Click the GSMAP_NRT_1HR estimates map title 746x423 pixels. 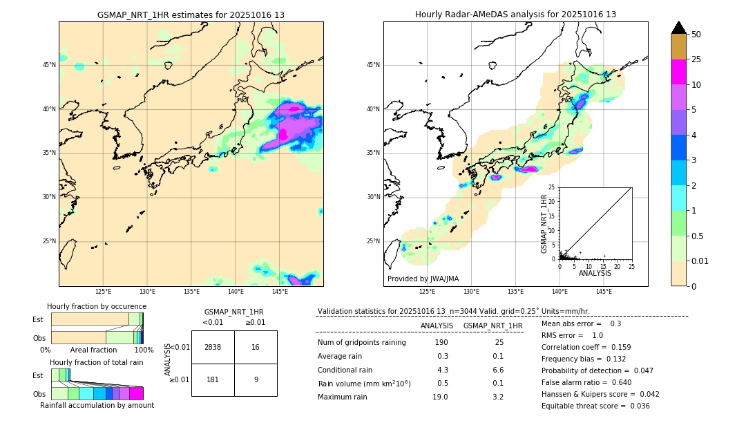pyautogui.click(x=191, y=15)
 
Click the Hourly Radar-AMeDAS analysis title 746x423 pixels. pyautogui.click(x=515, y=15)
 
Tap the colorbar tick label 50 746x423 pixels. pyautogui.click(x=696, y=35)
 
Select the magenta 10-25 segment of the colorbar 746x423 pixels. pyautogui.click(x=679, y=72)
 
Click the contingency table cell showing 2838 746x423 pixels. pyautogui.click(x=213, y=347)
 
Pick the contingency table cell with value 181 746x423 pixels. pyautogui.click(x=213, y=379)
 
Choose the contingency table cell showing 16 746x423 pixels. pyautogui.click(x=256, y=347)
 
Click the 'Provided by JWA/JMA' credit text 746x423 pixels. pyautogui.click(x=423, y=279)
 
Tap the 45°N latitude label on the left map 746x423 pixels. pyautogui.click(x=49, y=65)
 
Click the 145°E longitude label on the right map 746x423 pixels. pyautogui.click(x=604, y=292)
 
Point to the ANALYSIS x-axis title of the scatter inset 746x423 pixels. pyautogui.click(x=595, y=273)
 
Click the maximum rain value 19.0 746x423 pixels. pyautogui.click(x=440, y=397)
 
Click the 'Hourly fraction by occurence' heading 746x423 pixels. pyautogui.click(x=97, y=306)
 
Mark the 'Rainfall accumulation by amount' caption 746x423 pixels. pyautogui.click(x=97, y=405)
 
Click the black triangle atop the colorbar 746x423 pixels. pyautogui.click(x=679, y=28)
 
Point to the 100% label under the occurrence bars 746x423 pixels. pyautogui.click(x=144, y=350)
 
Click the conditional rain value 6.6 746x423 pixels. pyautogui.click(x=497, y=370)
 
